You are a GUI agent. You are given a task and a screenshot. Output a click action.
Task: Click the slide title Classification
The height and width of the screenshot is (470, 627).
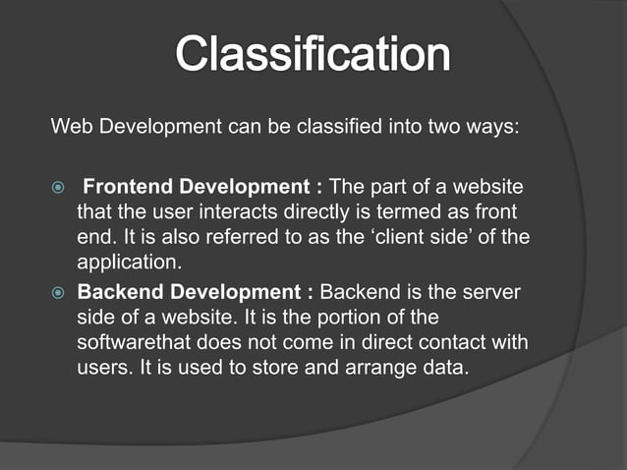tap(313, 54)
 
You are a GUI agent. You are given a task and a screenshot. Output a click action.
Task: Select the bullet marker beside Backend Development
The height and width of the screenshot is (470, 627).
tap(57, 293)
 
